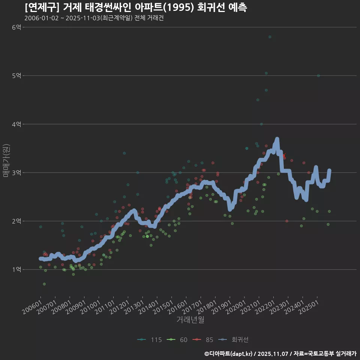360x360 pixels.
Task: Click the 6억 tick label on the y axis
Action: click(16, 27)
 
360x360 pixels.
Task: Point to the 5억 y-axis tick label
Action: click(16, 76)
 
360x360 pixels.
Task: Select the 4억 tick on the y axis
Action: click(16, 124)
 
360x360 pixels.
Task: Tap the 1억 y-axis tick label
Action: click(16, 270)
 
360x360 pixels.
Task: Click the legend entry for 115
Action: click(150, 340)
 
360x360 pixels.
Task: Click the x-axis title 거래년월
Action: click(190, 320)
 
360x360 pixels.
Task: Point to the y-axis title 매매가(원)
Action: click(6, 160)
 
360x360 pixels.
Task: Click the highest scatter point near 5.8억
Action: click(270, 37)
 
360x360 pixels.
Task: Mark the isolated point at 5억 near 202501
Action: click(318, 76)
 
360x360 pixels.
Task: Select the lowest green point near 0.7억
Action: click(44, 284)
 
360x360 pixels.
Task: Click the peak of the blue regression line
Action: click(277, 139)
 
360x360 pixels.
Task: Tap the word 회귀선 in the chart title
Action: click(209, 7)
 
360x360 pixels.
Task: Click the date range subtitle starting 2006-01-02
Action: click(94, 18)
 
